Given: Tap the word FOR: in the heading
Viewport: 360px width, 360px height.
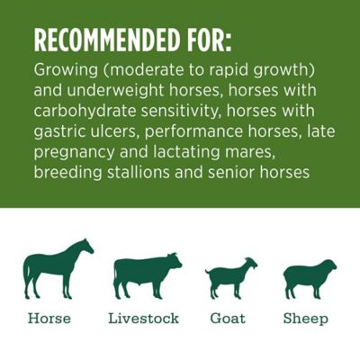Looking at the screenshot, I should (208, 40).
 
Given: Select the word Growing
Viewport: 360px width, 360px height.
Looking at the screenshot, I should (65, 70).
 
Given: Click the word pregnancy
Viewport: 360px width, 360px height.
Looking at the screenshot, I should (74, 152).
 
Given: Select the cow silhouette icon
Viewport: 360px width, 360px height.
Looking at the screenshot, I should (145, 274).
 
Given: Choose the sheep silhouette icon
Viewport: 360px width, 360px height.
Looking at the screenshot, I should (309, 279).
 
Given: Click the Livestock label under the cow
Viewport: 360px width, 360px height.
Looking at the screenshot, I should (144, 319).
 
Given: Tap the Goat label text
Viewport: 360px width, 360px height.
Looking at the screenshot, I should (228, 319).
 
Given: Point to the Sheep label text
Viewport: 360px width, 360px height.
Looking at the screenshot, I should (306, 319).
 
